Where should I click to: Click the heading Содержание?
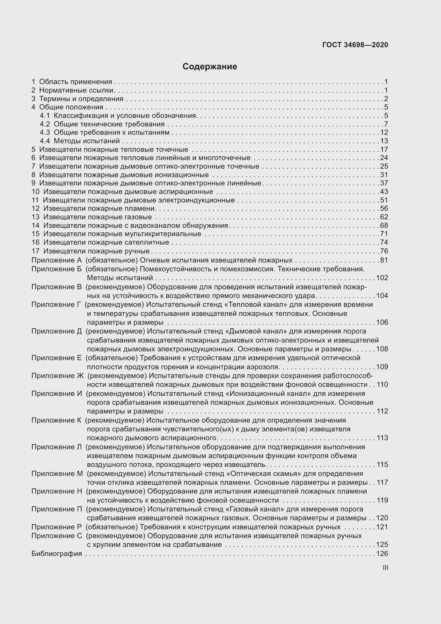[210, 67]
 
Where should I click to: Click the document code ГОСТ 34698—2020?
[355, 45]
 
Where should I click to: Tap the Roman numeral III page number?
[385, 568]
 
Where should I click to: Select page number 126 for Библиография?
[382, 554]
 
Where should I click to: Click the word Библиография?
[57, 554]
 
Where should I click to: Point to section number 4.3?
[45, 132]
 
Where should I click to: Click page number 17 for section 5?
[384, 149]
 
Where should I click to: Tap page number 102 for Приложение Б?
[382, 278]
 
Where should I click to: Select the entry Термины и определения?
[81, 99]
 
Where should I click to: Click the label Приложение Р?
[56, 527]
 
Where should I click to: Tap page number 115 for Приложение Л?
[382, 464]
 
